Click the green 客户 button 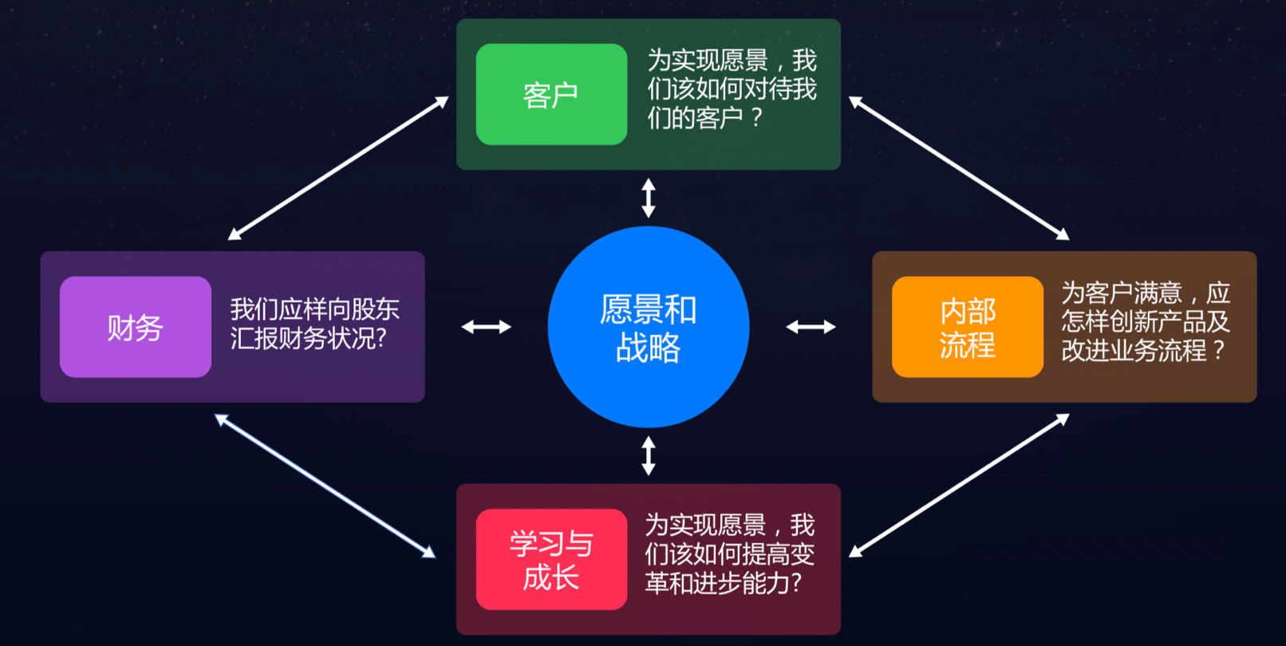[551, 94]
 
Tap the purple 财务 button [135, 327]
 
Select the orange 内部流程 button [967, 327]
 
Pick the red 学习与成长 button [551, 559]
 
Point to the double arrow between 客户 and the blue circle [649, 198]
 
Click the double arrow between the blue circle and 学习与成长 [649, 455]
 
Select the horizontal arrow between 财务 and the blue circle [486, 327]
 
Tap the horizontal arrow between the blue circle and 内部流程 [811, 327]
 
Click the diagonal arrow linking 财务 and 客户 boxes [338, 168]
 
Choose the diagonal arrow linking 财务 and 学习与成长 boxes [325, 486]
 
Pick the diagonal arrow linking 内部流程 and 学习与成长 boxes [959, 486]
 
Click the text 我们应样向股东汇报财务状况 [314, 324]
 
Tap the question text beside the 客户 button [731, 89]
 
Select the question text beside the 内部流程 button [1145, 321]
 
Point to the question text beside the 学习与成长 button [729, 554]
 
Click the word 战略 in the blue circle [648, 348]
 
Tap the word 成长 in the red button [551, 577]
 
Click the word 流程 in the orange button [967, 345]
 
